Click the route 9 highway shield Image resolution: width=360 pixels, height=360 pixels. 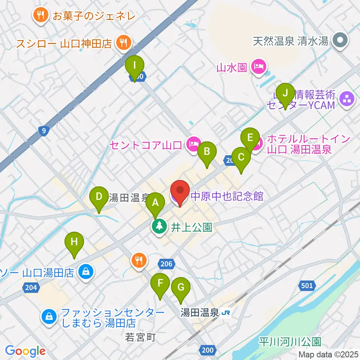(x=44, y=131)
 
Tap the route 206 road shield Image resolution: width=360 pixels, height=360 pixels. (x=166, y=264)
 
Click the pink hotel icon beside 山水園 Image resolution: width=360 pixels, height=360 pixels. (x=259, y=67)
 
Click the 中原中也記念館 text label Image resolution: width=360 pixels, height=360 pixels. (x=227, y=196)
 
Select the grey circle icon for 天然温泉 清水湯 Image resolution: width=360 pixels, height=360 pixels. (x=341, y=40)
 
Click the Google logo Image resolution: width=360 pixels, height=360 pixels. (x=25, y=351)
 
